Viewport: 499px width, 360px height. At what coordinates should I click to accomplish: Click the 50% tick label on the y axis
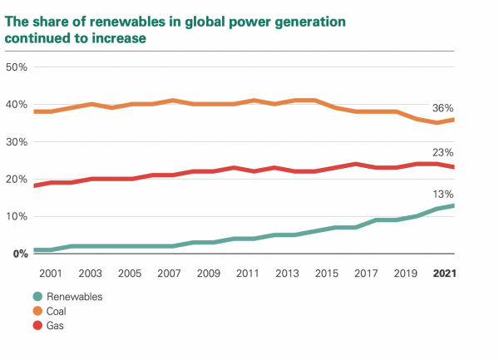[x=17, y=66]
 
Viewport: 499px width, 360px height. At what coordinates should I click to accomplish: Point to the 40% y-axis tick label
[x=17, y=104]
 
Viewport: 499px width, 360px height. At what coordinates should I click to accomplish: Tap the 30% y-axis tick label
[x=17, y=141]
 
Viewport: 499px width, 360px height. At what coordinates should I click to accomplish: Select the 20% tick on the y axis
[x=17, y=179]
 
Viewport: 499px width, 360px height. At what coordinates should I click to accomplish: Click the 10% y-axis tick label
[x=17, y=216]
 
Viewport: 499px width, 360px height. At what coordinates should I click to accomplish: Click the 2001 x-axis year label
[x=52, y=273]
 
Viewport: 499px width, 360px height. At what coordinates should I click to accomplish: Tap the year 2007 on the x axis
[x=170, y=273]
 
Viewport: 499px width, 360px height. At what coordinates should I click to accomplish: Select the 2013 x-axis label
[x=288, y=273]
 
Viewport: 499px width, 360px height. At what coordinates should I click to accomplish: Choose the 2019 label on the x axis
[x=405, y=273]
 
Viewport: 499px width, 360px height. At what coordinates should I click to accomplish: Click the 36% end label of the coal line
[x=442, y=108]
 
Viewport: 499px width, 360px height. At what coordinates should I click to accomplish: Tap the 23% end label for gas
[x=442, y=153]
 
